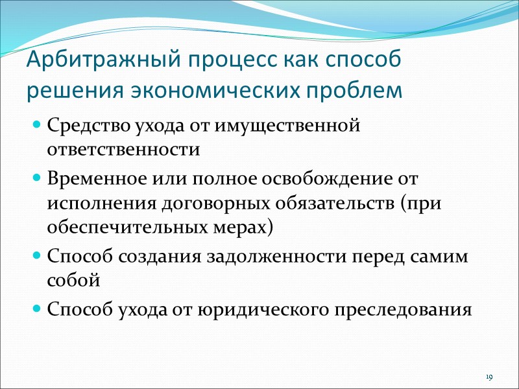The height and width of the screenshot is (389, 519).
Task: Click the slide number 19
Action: click(x=489, y=377)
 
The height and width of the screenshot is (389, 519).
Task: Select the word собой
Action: click(x=73, y=282)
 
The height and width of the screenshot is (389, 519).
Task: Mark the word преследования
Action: click(x=406, y=309)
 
